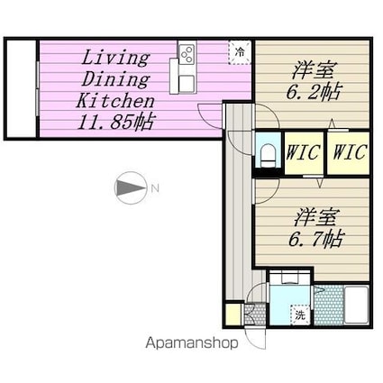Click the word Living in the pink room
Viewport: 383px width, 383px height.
point(115,58)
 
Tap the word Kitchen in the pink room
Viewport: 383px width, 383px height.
point(115,101)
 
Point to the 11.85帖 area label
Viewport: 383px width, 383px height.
point(115,122)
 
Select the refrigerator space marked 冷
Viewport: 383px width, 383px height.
point(240,52)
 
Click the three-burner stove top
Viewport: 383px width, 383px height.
point(187,54)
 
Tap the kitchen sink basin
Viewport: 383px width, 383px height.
point(187,83)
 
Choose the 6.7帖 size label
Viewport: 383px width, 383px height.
point(315,239)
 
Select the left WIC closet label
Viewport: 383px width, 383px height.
point(303,152)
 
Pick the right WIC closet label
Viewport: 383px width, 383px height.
point(350,151)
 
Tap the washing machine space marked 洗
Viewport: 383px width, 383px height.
point(300,315)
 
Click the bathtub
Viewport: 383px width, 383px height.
point(356,305)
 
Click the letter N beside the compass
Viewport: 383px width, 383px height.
point(155,188)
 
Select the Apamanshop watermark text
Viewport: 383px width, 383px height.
point(192,342)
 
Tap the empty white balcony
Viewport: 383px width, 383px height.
point(22,88)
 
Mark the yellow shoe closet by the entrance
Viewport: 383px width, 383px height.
point(233,315)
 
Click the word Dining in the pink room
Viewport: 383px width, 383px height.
point(115,79)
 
